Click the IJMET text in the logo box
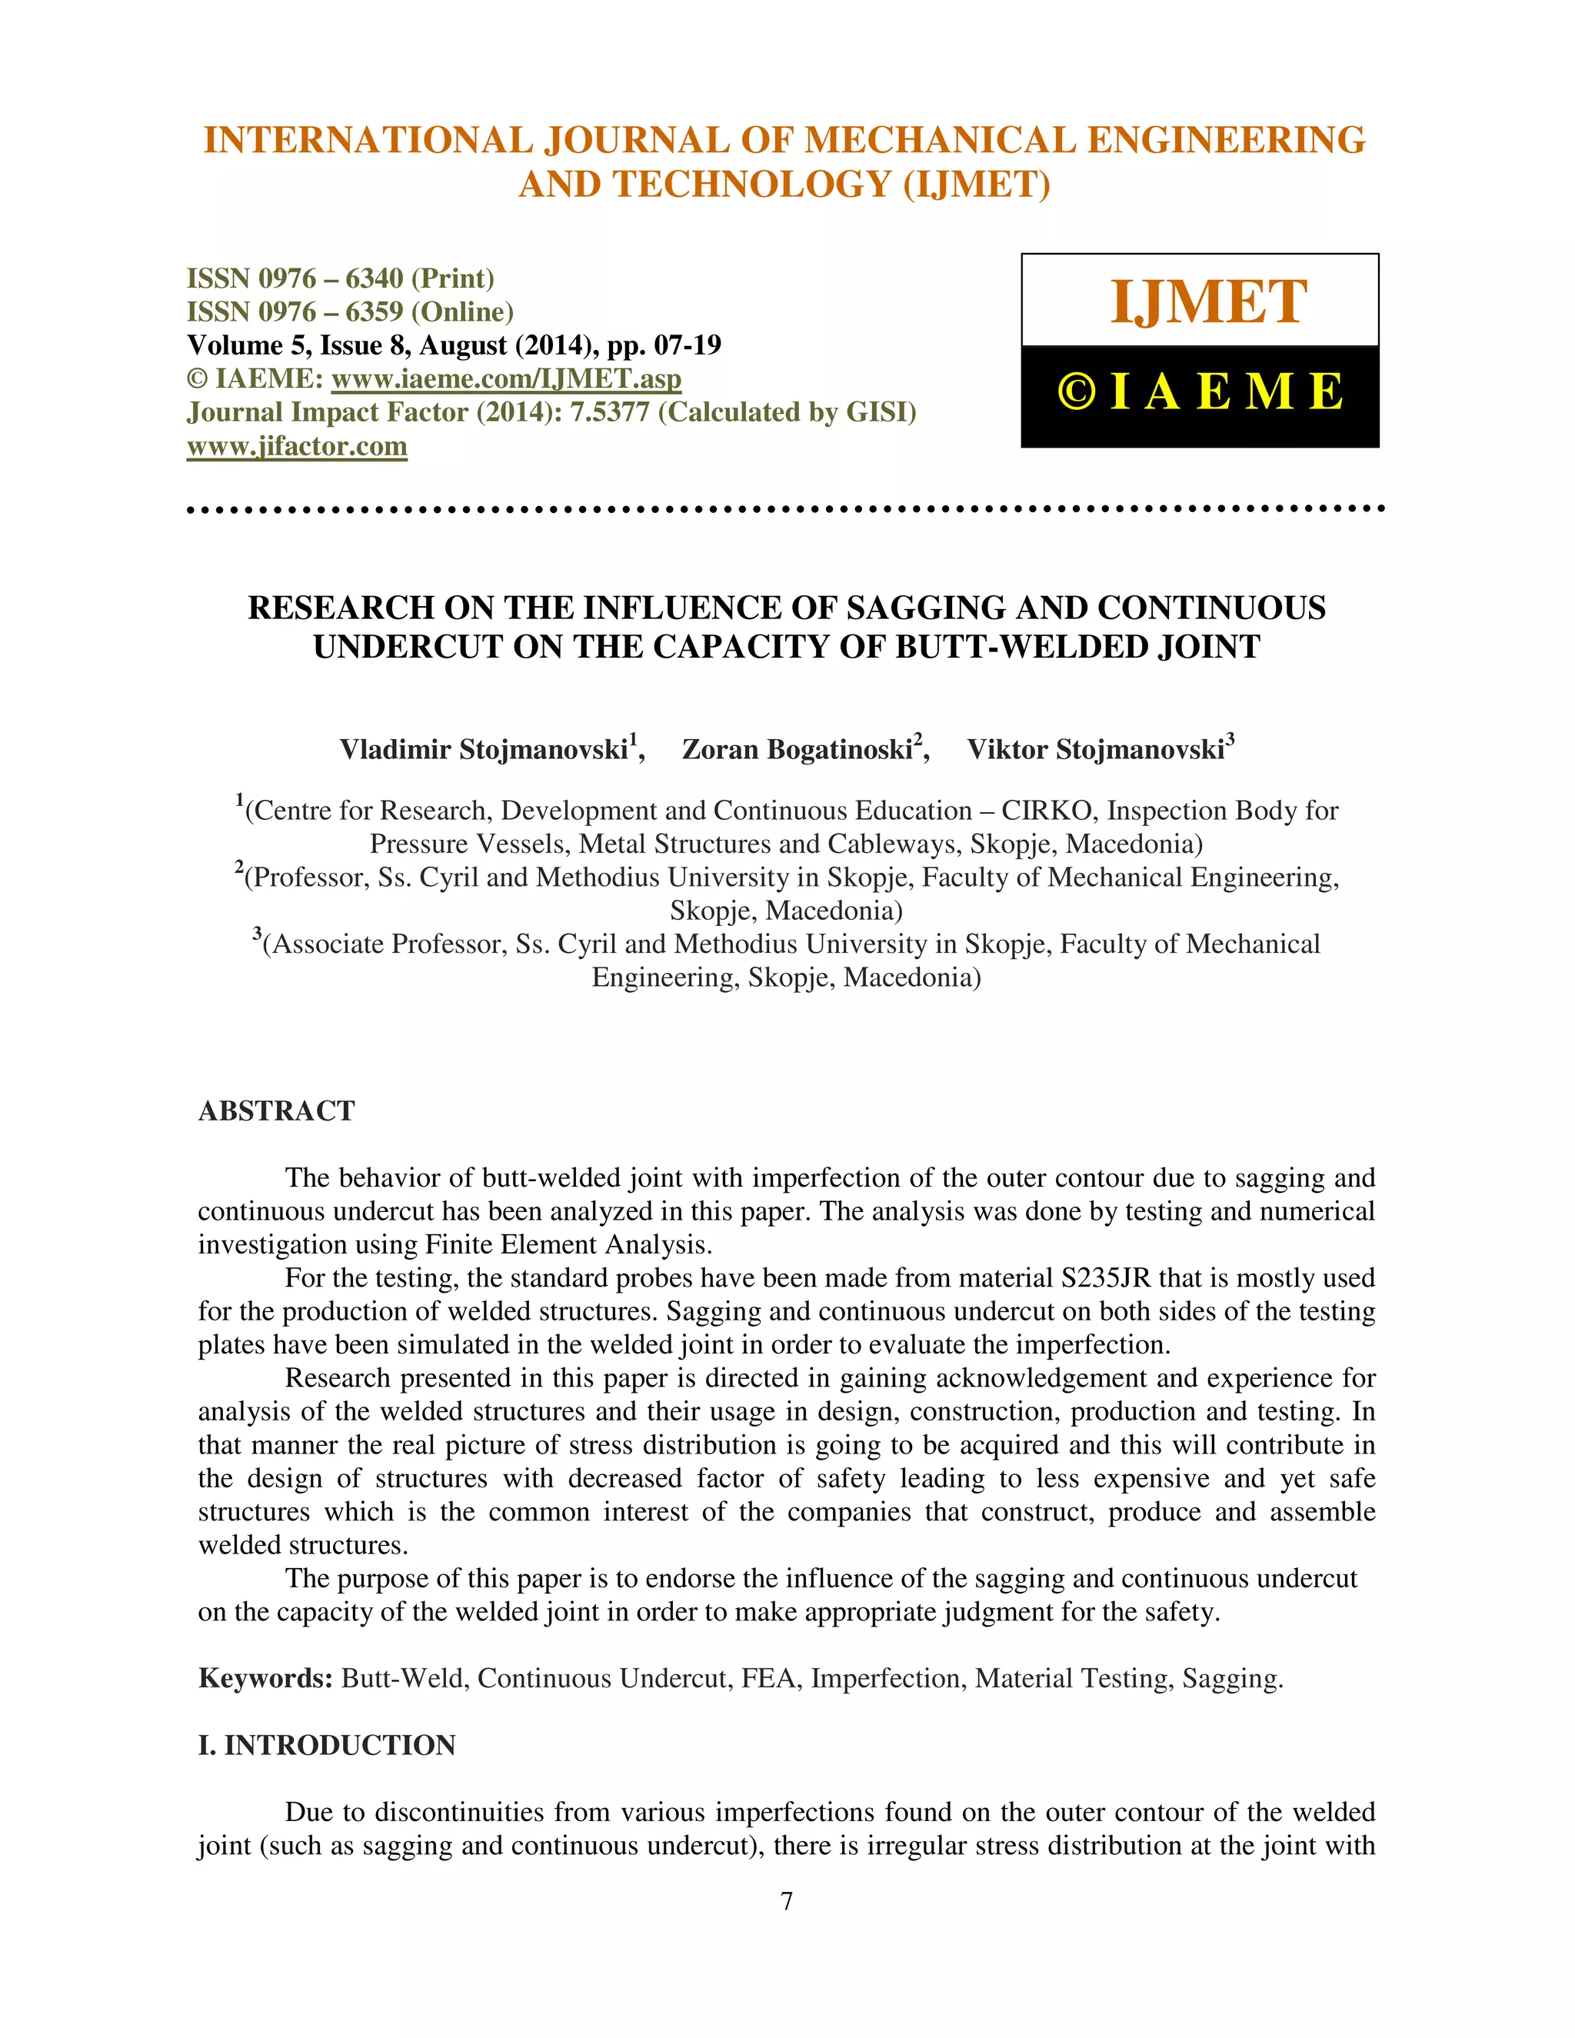(1208, 302)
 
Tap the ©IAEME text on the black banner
(1200, 392)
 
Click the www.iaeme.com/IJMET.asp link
(506, 379)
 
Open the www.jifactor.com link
(297, 446)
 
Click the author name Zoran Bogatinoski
(797, 749)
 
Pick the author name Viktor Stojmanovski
(1095, 749)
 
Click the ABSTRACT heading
(276, 1111)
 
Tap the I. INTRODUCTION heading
(327, 1745)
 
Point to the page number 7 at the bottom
(787, 1901)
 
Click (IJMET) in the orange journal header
(976, 184)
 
